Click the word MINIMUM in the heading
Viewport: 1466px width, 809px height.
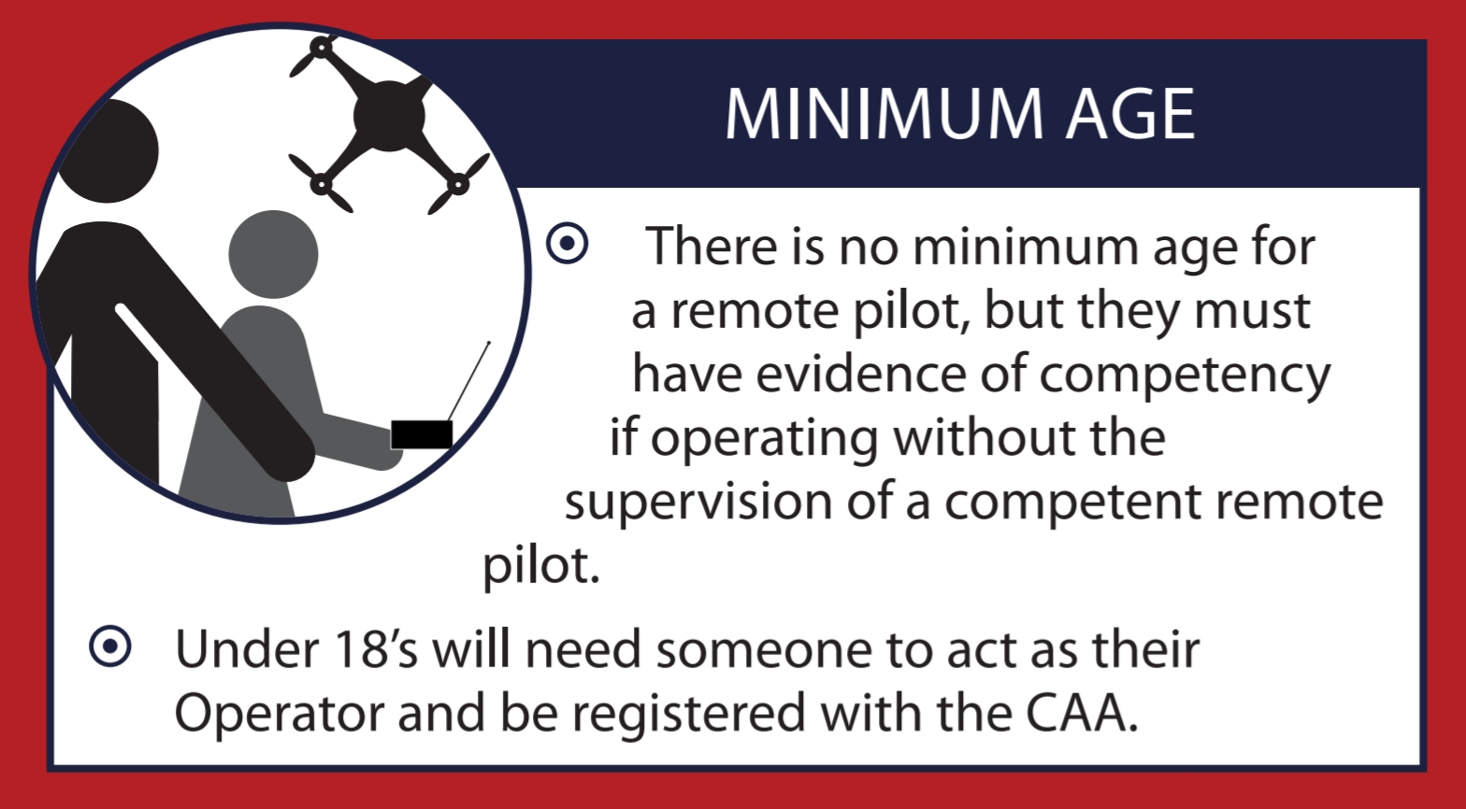click(x=884, y=114)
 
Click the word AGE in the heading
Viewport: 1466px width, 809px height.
click(x=1130, y=114)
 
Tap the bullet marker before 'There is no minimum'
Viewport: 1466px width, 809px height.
click(x=567, y=243)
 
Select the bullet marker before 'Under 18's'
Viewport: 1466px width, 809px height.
click(x=110, y=646)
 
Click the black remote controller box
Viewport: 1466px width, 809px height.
click(x=422, y=434)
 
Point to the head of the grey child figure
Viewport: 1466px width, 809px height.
click(x=273, y=254)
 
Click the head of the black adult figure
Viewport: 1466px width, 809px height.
click(x=108, y=151)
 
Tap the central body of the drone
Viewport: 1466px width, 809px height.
click(x=389, y=116)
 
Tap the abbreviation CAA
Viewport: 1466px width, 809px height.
click(x=1081, y=712)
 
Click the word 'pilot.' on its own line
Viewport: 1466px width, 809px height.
click(x=541, y=566)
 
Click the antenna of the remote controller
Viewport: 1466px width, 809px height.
click(x=468, y=381)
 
